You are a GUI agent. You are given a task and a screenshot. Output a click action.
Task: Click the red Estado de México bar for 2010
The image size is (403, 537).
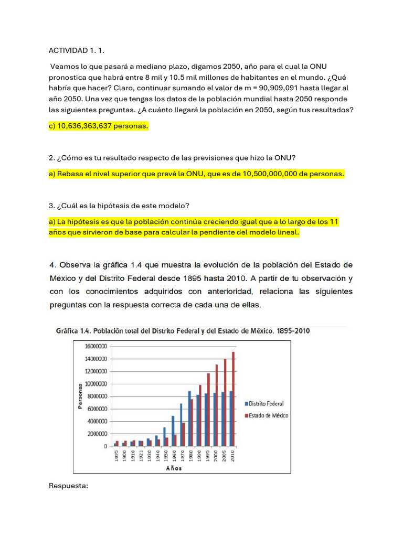coord(233,399)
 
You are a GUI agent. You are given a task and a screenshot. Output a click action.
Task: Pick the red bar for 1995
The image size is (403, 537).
coord(208,410)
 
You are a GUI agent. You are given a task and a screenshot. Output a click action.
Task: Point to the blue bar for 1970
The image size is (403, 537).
coord(181,425)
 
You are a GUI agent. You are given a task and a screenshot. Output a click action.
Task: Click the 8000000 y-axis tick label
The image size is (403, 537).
coord(96,396)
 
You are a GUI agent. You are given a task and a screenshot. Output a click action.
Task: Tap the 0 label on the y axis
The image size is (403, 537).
coord(105,446)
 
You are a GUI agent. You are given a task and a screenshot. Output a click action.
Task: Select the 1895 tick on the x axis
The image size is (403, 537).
coord(116,456)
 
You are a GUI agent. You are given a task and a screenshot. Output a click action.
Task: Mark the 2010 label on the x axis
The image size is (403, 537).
coord(232,456)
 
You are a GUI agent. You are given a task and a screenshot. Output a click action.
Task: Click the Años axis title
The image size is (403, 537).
coord(174,468)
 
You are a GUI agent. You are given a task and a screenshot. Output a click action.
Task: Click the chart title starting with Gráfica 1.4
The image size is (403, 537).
coord(186,331)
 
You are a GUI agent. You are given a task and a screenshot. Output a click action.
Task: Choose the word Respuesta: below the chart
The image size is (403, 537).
coord(69,486)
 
